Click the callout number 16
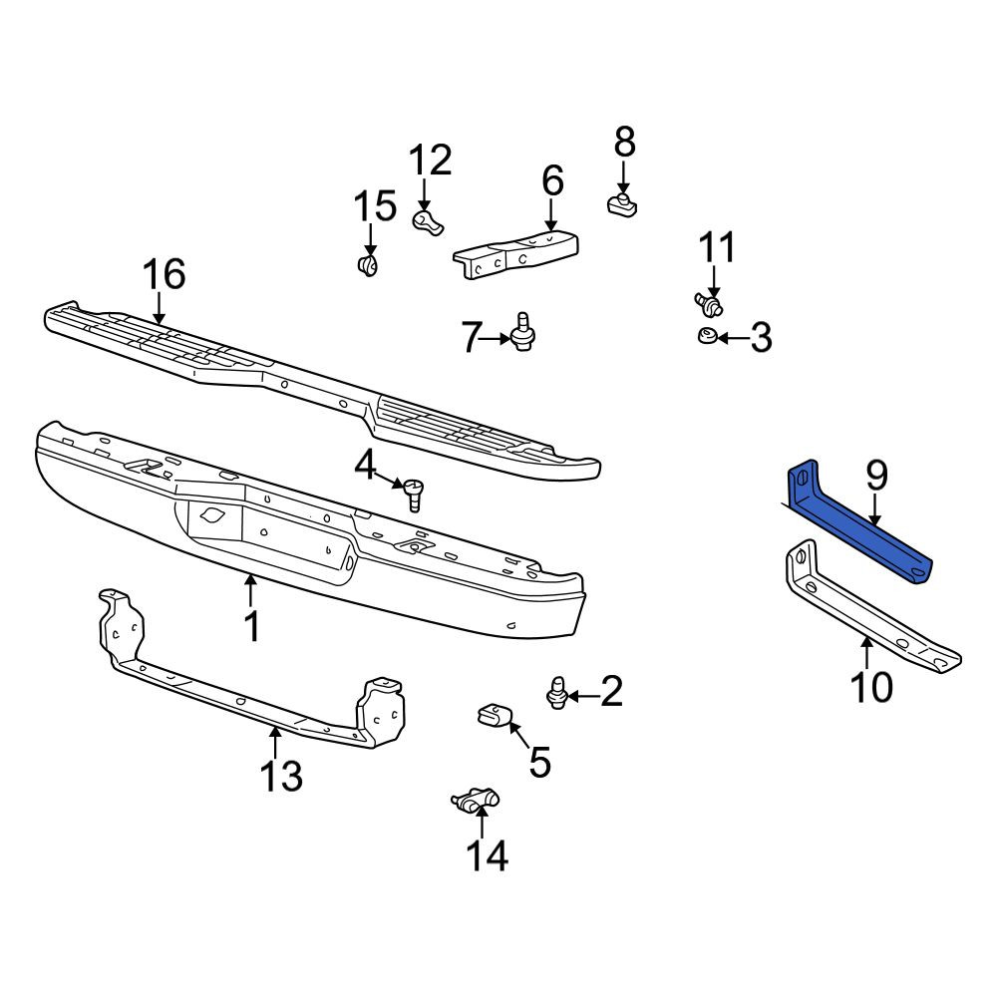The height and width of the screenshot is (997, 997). coord(165,274)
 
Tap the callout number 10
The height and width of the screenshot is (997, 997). coord(871,687)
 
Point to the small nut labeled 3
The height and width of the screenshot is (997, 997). coord(707,335)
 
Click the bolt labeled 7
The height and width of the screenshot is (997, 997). coord(522,333)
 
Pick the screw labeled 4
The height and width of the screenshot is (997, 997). coord(414,493)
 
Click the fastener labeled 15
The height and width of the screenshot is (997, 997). coord(368,264)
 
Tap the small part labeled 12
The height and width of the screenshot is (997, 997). coord(428,222)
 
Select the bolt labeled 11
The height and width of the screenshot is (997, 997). coord(709,303)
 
